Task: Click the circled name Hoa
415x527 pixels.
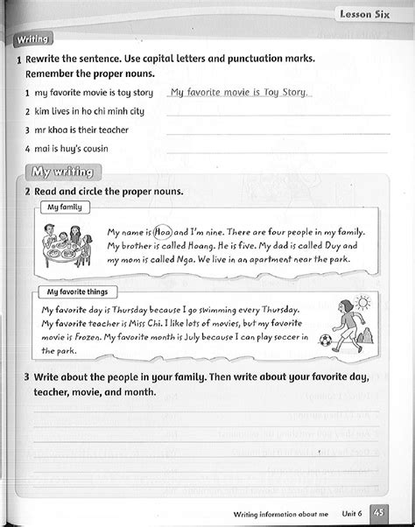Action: coord(164,233)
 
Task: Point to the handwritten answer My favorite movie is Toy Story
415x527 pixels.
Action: coord(238,92)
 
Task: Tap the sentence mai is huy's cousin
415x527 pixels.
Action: coord(74,148)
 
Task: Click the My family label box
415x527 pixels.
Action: coord(64,207)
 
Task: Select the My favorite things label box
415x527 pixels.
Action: coord(83,292)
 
